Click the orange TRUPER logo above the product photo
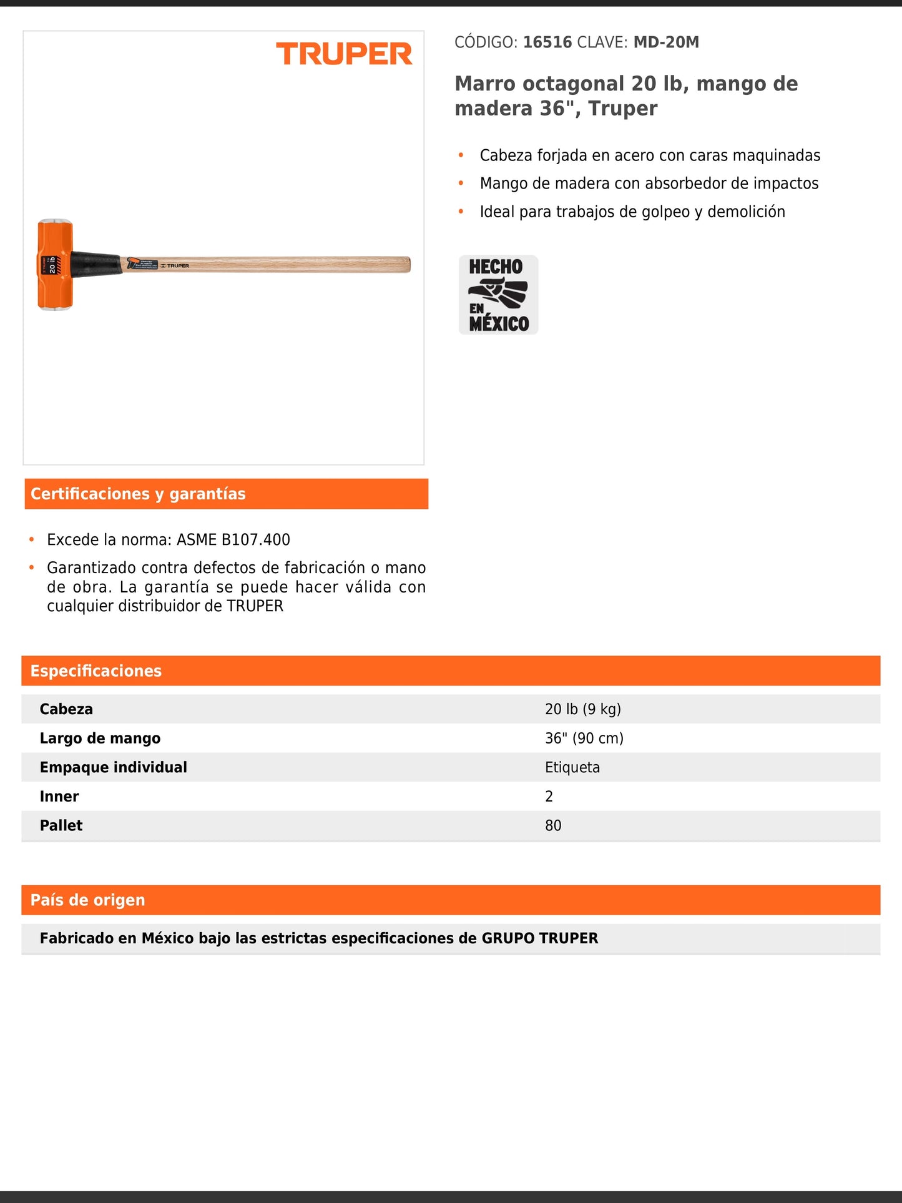coord(344,54)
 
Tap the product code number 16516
coord(547,42)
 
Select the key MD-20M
coord(666,42)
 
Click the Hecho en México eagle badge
coord(498,295)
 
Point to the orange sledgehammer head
coord(55,265)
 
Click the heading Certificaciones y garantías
coord(138,494)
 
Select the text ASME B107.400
coord(233,539)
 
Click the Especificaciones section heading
coord(96,671)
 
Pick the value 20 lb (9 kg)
coord(582,709)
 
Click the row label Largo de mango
coord(100,739)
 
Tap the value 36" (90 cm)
coord(584,739)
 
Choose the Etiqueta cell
coord(572,767)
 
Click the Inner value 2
coord(549,797)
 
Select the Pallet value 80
coord(553,825)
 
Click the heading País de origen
coord(88,900)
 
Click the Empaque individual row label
coord(113,767)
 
